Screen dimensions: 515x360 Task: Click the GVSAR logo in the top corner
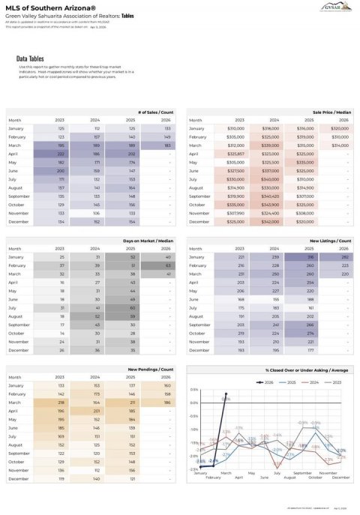[x=335, y=14]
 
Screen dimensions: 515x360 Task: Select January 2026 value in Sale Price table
[x=339, y=129]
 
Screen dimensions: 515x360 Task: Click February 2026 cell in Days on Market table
[x=167, y=265]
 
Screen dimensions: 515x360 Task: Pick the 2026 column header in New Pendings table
[x=167, y=378]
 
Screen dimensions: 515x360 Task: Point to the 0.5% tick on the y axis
[x=193, y=390]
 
